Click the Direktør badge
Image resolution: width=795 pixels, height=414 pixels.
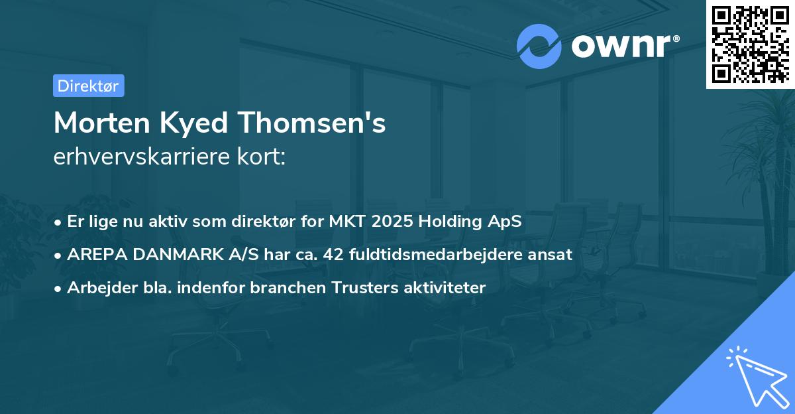88,86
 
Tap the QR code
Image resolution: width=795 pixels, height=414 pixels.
750,44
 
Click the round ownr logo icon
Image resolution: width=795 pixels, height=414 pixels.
539,46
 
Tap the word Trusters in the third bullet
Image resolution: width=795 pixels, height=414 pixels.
349,288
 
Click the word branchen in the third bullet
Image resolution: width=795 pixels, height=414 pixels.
279,288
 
